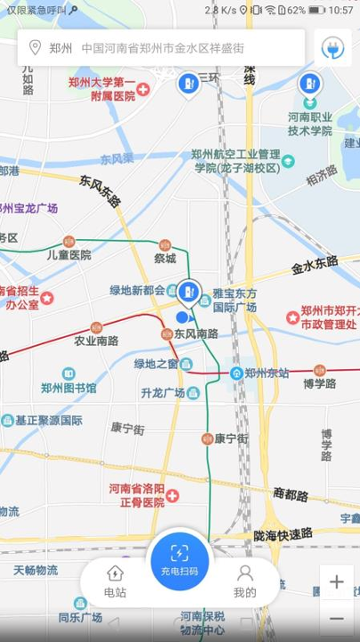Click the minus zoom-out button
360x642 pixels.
tap(337, 617)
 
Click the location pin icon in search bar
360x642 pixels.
tap(36, 48)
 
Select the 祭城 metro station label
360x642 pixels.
tap(164, 259)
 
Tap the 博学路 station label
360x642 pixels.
tap(318, 383)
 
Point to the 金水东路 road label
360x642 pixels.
tap(315, 264)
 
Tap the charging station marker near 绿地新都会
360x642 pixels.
tap(188, 290)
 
